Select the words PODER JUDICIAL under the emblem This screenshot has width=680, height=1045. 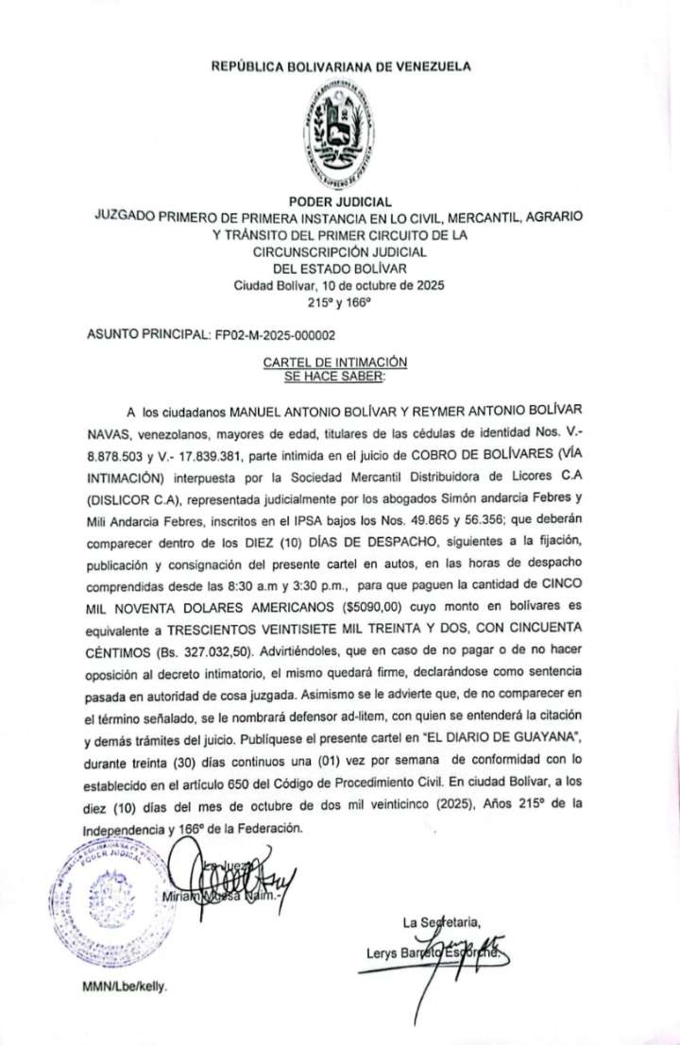click(x=340, y=200)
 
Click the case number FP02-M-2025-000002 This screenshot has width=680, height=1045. click(x=275, y=335)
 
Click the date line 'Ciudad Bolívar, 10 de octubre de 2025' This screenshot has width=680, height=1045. click(x=340, y=286)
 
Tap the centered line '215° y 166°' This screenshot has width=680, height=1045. click(x=340, y=302)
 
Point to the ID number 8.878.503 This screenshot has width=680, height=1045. click(x=112, y=457)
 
